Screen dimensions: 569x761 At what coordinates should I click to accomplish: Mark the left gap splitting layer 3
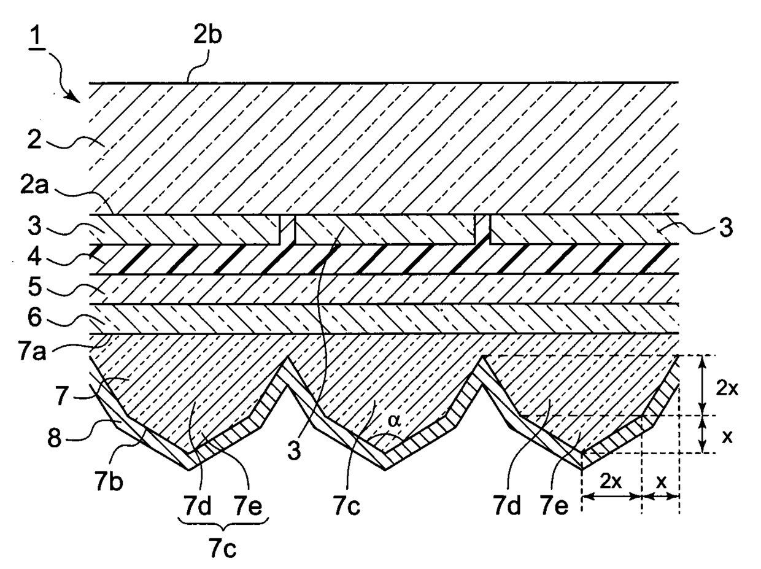[287, 230]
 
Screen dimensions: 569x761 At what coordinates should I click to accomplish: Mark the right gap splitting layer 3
[482, 230]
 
